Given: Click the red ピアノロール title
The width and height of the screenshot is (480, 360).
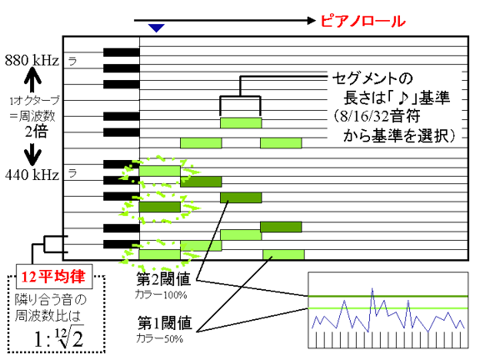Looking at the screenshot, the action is [363, 21].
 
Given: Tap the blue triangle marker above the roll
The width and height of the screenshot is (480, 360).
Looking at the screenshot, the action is [157, 28].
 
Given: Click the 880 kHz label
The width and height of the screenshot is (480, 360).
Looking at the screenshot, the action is [32, 60].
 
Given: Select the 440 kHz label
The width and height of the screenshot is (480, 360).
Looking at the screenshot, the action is [32, 175].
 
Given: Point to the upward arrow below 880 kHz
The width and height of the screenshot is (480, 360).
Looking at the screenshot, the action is [32, 80].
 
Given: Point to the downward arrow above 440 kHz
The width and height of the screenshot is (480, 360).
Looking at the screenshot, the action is [32, 153].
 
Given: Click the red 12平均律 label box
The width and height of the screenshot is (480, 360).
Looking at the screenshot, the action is [54, 277].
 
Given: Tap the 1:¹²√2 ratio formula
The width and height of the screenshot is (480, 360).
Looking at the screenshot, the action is [59, 337].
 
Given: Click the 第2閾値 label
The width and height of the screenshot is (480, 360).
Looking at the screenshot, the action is [164, 279].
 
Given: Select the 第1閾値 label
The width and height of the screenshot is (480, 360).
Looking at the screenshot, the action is [164, 323].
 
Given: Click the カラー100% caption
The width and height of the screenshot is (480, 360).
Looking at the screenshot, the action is [161, 295].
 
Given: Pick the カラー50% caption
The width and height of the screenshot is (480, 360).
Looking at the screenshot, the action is [159, 338].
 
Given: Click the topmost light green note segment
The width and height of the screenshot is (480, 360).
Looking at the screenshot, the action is [241, 122].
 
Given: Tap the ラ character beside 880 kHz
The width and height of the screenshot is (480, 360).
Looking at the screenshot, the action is [72, 61].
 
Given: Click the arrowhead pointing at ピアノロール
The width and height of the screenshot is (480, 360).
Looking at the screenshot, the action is [312, 21].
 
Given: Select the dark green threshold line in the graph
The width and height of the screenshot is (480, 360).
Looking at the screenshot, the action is [388, 296].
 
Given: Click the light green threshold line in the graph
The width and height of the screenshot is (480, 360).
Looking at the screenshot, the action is [388, 308].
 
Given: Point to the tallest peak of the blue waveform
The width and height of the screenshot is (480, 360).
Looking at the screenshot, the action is [372, 288].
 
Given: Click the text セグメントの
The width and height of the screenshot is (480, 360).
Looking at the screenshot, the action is [372, 78].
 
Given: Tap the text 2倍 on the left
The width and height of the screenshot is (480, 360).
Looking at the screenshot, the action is [37, 132].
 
